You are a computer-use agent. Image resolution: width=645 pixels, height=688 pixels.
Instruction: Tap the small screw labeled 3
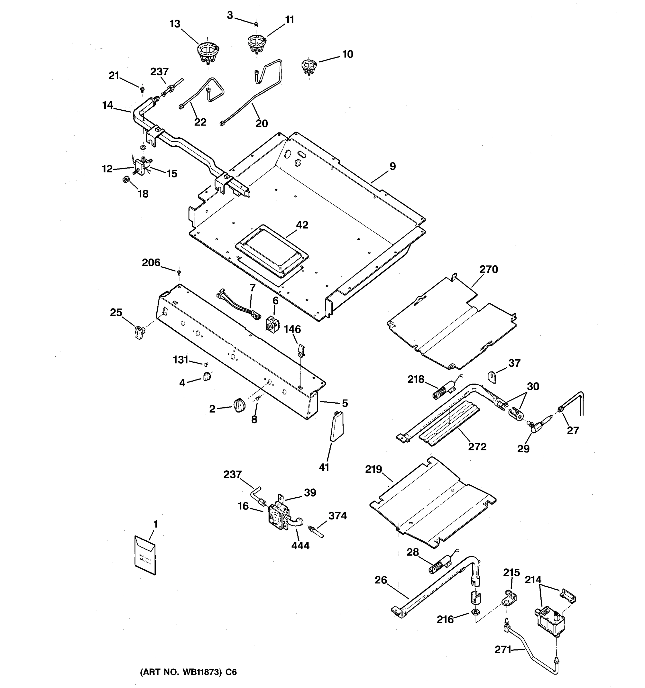coord(256,24)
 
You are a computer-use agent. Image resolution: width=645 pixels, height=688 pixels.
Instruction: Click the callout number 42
coord(302,225)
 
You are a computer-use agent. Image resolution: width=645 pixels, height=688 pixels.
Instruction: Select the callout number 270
coord(488,269)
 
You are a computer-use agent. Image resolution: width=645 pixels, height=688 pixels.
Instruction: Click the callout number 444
coord(300,546)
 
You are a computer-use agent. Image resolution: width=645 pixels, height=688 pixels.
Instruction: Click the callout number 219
coord(373,469)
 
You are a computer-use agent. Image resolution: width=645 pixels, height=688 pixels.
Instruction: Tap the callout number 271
coord(503,650)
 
